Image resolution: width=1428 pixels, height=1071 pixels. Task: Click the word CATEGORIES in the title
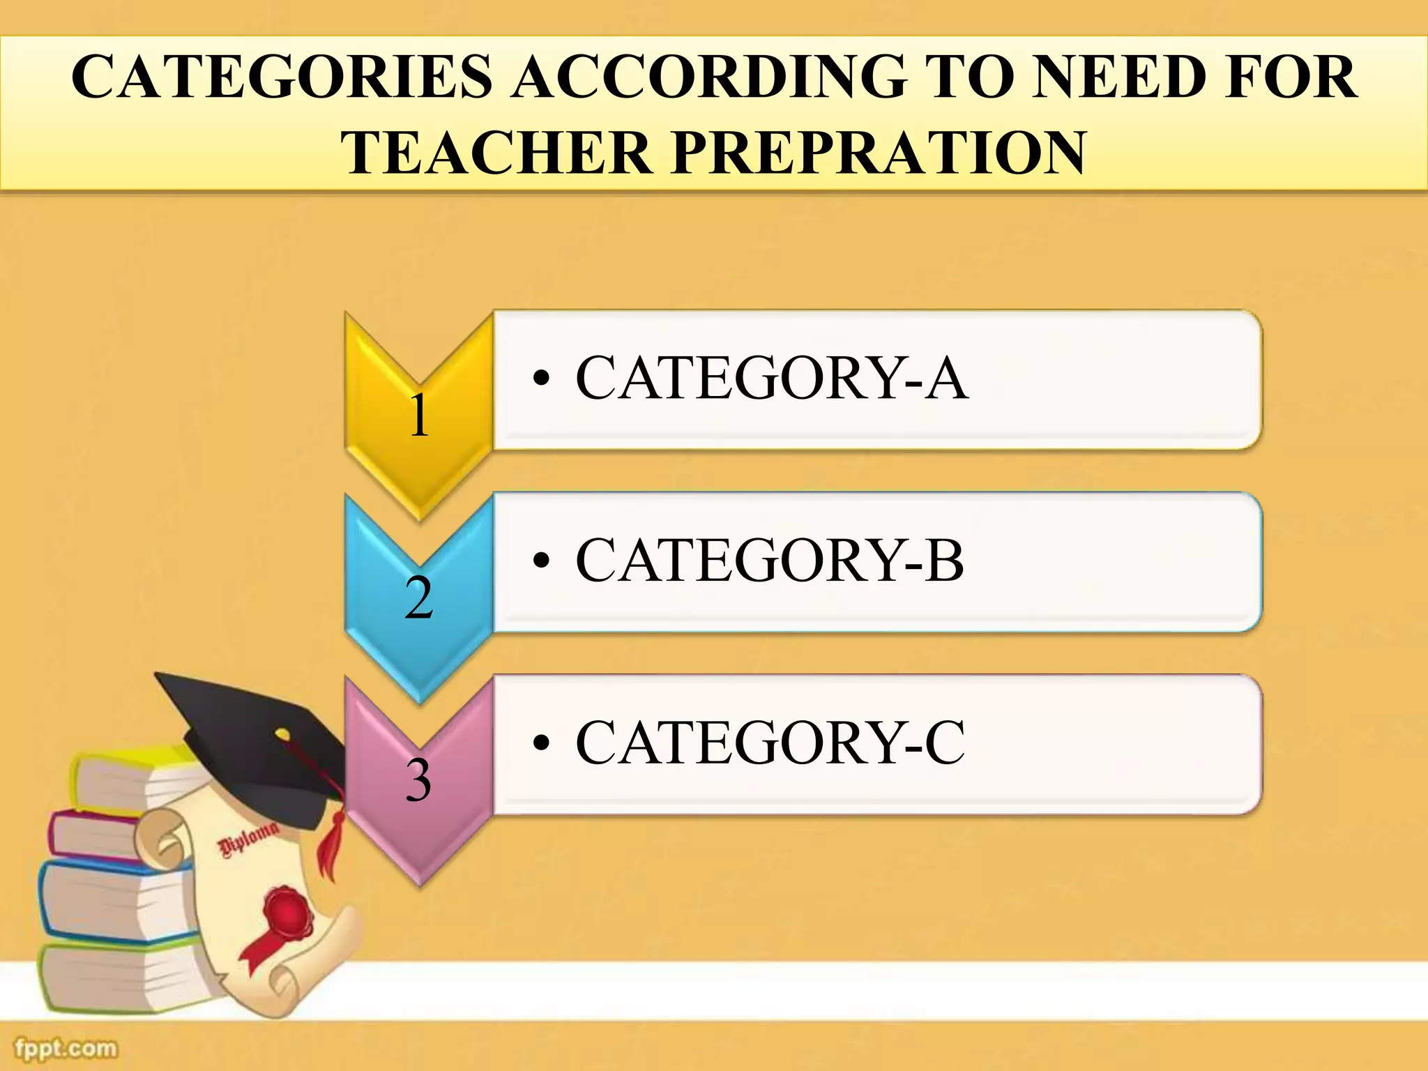click(282, 77)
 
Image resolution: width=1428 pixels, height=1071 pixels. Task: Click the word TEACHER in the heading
click(495, 153)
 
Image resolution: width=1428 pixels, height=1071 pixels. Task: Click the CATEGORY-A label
click(771, 378)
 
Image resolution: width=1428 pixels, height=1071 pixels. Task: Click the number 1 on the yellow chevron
click(418, 416)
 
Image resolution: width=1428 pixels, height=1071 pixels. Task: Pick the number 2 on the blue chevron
click(418, 598)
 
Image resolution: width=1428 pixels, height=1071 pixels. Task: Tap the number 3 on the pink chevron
click(418, 780)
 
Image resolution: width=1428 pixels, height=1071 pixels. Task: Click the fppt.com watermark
click(66, 1048)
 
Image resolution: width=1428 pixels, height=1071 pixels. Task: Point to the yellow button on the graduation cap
click(282, 734)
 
